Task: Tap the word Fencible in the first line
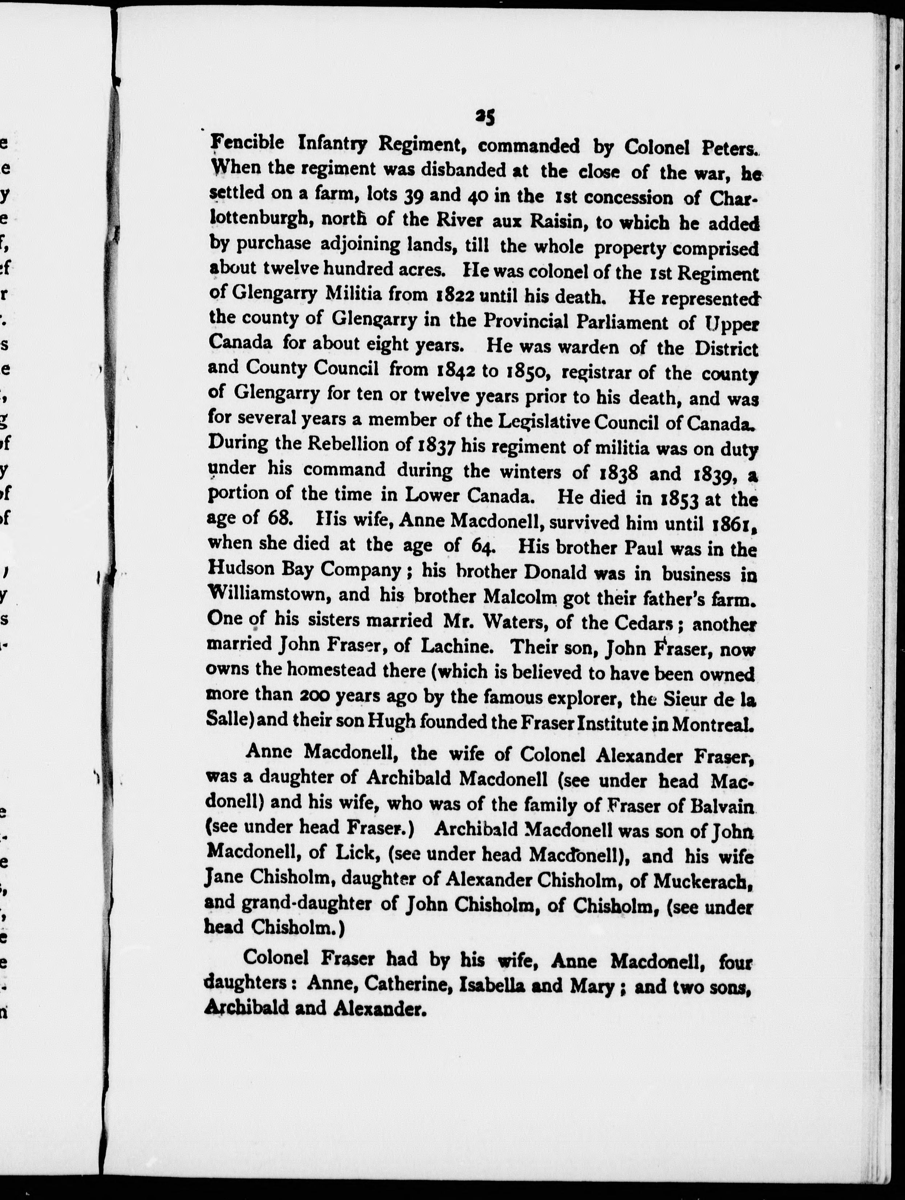247,143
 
